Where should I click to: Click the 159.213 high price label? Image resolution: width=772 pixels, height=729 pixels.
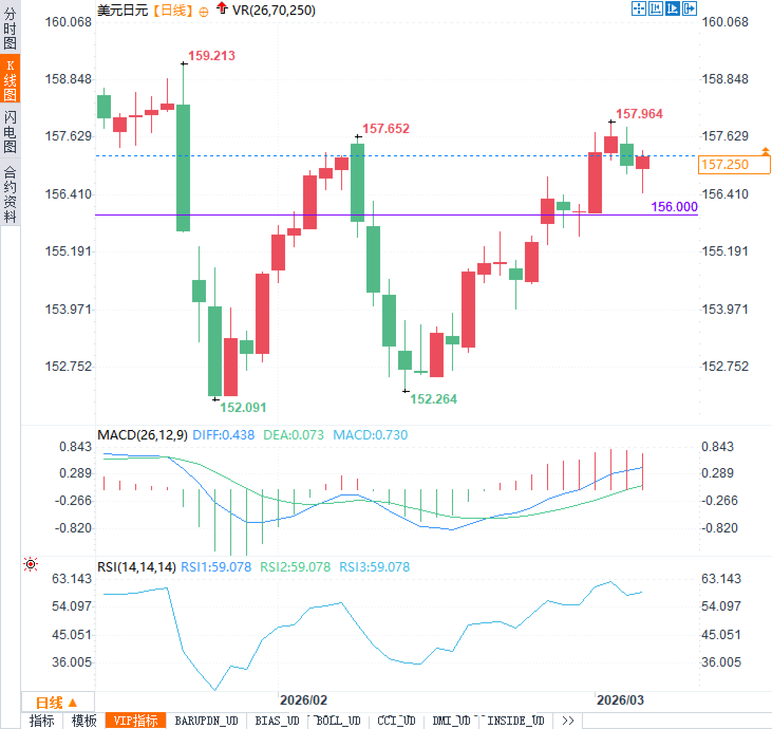tap(211, 56)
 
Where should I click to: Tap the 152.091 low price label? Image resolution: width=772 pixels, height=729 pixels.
tap(243, 407)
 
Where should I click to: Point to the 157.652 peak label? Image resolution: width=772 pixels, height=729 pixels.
tap(385, 129)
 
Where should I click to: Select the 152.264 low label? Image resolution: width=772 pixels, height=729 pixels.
tap(433, 399)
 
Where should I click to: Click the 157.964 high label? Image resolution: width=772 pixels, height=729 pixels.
tap(639, 114)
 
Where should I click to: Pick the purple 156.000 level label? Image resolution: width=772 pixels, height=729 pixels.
tap(674, 207)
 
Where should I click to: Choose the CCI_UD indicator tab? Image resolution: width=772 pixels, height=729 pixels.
tap(396, 721)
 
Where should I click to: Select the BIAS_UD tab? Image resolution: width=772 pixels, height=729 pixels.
tap(277, 721)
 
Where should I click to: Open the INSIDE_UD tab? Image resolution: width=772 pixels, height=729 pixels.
tap(515, 721)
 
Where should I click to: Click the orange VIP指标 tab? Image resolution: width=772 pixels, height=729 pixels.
tap(136, 721)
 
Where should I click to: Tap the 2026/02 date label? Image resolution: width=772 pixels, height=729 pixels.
tap(303, 700)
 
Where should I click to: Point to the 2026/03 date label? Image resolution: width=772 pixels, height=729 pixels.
tap(620, 700)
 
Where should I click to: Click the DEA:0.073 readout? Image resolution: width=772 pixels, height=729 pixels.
tap(293, 435)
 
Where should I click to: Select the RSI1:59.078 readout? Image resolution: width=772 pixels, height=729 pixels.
tap(216, 567)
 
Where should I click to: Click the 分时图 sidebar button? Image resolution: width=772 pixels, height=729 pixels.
tap(10, 27)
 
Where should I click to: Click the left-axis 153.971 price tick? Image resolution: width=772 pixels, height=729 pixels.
tap(68, 309)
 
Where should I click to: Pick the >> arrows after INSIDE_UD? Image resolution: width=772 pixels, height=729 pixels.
tap(568, 721)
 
